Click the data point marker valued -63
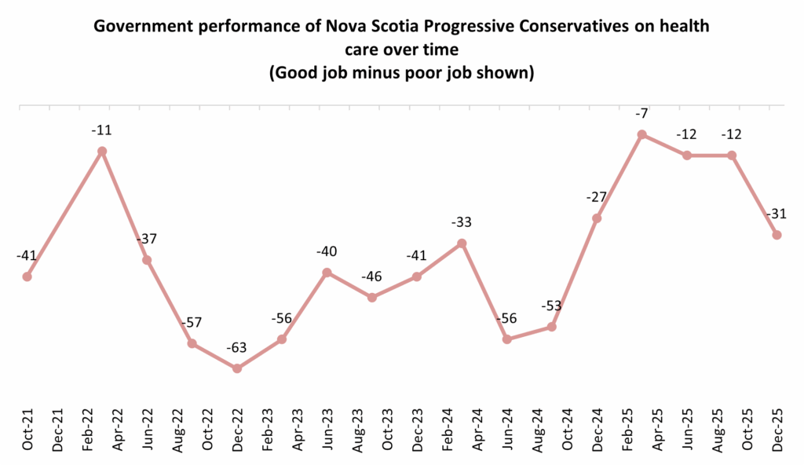tap(237, 368)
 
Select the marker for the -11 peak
tap(101, 151)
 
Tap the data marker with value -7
tap(642, 134)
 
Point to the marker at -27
tap(597, 218)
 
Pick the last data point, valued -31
tap(777, 235)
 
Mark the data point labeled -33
tap(462, 243)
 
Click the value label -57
tap(192, 324)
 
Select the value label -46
tap(372, 277)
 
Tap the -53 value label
tap(552, 306)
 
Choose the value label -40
tap(327, 252)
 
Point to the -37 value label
tap(147, 240)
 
